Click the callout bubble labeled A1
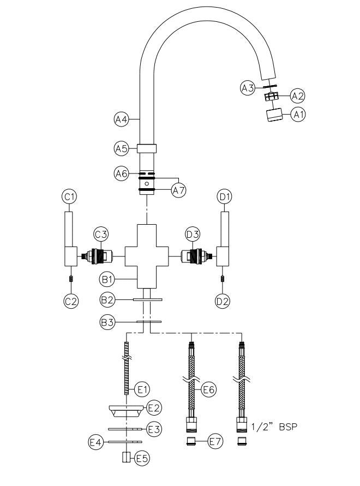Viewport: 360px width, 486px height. pyautogui.click(x=297, y=115)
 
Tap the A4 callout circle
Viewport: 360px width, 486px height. pyautogui.click(x=121, y=118)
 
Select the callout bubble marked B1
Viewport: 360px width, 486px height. pyautogui.click(x=107, y=279)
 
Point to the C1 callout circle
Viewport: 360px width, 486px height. pyautogui.click(x=69, y=196)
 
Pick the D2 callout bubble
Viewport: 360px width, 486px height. pyautogui.click(x=222, y=301)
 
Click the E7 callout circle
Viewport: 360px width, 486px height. pyautogui.click(x=216, y=442)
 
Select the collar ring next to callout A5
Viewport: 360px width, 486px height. pyautogui.click(x=147, y=148)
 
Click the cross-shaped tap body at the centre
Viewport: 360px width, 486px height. pyautogui.click(x=147, y=255)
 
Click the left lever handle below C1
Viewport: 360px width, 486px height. pyautogui.click(x=69, y=240)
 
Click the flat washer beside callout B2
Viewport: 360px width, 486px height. pyautogui.click(x=147, y=299)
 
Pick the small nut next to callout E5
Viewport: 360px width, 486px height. pyautogui.click(x=127, y=457)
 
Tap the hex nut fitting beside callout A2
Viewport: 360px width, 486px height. pyautogui.click(x=271, y=97)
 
